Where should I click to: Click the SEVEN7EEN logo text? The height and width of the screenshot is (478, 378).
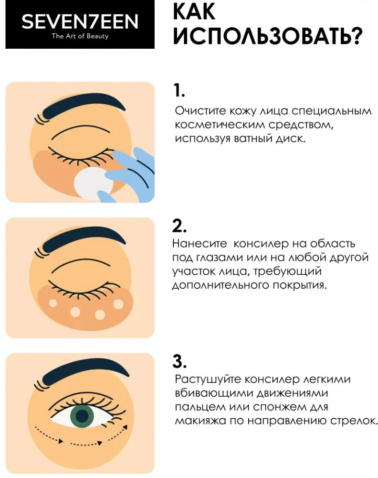point(80,22)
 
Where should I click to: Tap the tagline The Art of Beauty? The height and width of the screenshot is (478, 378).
point(80,36)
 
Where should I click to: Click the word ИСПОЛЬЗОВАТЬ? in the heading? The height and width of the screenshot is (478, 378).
point(268,36)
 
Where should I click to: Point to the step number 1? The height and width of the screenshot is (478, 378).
point(178,90)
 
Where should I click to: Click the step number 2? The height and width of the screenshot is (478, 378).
point(179,226)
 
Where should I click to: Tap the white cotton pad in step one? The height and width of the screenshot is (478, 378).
point(93,184)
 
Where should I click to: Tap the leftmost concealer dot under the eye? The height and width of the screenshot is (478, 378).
point(53,303)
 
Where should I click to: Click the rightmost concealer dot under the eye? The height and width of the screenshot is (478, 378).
point(118,304)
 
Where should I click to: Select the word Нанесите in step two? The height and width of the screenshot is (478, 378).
point(199,244)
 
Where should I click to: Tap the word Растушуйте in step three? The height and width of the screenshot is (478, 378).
point(208,380)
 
